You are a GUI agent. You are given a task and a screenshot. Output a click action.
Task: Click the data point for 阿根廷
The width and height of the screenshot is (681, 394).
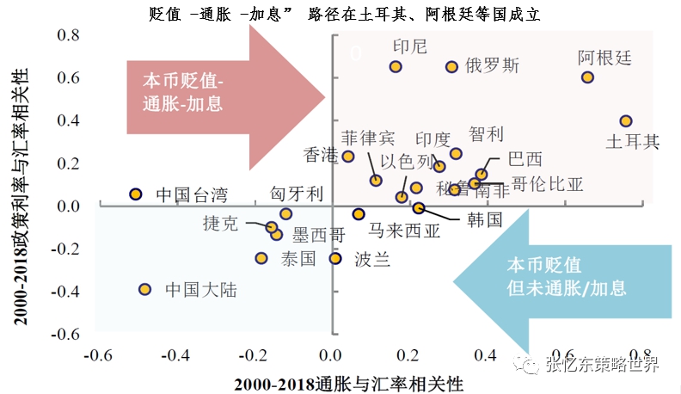pos(587,77)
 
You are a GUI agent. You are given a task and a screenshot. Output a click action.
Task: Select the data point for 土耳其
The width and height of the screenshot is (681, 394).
pos(626,121)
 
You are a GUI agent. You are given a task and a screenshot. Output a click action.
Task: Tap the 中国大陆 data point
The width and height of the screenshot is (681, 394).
pos(144,289)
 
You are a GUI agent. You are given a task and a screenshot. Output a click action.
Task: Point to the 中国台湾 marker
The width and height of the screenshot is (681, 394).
pos(135,194)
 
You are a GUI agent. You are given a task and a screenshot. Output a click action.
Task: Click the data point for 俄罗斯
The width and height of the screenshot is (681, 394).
pos(451,66)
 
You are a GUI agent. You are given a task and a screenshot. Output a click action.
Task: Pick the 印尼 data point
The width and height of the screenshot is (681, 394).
pos(396,66)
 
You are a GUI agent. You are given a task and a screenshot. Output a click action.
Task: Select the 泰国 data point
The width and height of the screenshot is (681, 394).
pos(261,258)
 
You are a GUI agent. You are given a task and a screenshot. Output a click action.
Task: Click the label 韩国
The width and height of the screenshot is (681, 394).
pos(484,220)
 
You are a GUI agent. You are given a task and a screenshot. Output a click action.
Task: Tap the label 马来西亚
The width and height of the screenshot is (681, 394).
pos(404,230)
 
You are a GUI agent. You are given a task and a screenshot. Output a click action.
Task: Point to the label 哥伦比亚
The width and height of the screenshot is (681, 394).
pos(547,184)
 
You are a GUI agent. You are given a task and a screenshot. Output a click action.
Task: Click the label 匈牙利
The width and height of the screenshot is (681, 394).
pos(297,194)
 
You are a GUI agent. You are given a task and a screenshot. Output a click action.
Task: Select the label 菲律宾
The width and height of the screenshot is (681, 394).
pos(367,138)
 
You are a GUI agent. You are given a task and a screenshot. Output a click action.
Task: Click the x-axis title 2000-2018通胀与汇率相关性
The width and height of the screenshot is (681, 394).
pos(330,380)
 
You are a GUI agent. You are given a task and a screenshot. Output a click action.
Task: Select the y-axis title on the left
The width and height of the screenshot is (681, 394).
pos(18,184)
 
